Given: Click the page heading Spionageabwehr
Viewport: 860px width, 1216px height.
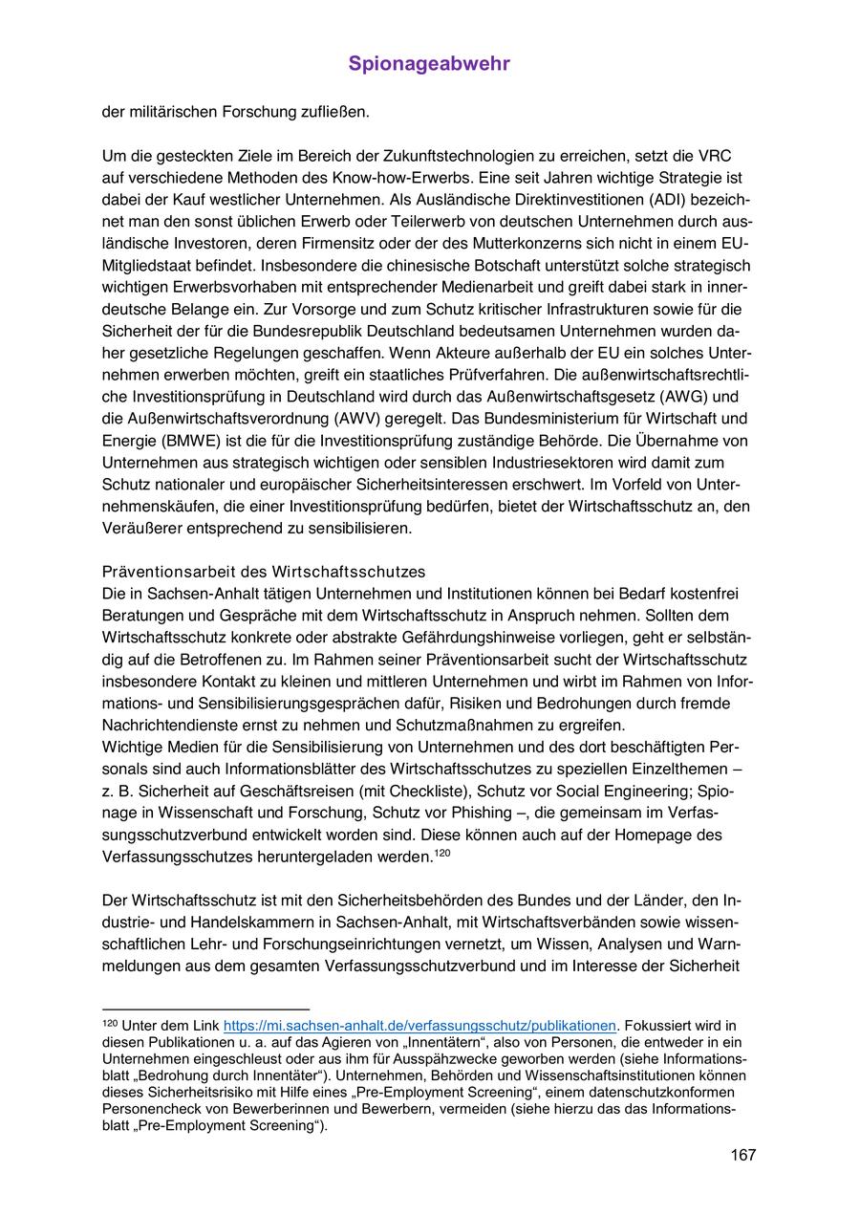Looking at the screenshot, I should [x=429, y=64].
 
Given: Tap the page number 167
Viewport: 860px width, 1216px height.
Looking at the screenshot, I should [x=743, y=1155].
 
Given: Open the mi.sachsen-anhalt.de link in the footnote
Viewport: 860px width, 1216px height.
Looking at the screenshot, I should [x=419, y=1026].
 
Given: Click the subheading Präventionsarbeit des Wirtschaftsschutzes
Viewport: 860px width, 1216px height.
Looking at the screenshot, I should [x=263, y=572].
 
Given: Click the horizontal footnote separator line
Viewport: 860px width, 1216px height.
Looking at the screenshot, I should [x=205, y=1009].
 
